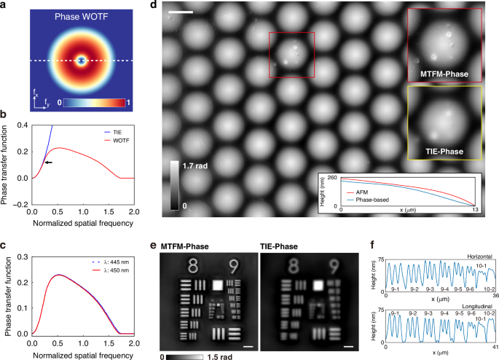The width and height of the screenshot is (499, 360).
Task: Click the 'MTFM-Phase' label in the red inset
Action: click(444, 74)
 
